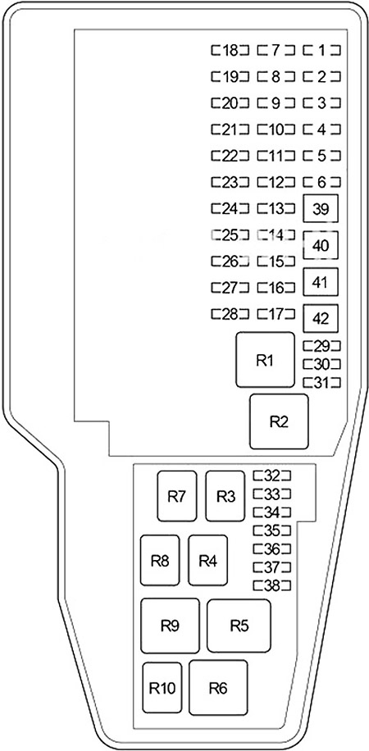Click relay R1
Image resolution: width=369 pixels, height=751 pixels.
(x=265, y=360)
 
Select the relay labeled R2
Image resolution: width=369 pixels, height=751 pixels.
(x=279, y=421)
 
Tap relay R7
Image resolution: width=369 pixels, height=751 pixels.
(x=177, y=496)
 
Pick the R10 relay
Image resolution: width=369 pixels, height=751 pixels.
(x=162, y=688)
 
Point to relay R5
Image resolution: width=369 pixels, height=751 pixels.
(x=239, y=626)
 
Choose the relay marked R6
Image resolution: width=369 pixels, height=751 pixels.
(x=218, y=688)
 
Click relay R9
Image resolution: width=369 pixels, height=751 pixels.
(x=170, y=626)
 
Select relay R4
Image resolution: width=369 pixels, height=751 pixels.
(x=207, y=560)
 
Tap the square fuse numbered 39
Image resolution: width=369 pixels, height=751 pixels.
(x=321, y=209)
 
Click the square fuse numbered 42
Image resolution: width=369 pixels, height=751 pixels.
(x=321, y=318)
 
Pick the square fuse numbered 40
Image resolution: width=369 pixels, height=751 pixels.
(x=321, y=245)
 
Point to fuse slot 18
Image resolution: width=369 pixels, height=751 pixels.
(x=230, y=50)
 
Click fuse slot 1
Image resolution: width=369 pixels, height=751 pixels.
(x=321, y=50)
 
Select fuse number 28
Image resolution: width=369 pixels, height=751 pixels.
(x=230, y=314)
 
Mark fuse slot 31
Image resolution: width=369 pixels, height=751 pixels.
(x=321, y=382)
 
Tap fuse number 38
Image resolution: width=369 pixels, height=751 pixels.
(x=272, y=585)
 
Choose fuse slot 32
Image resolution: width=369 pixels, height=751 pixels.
(x=272, y=476)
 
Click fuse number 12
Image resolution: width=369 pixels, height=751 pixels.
(x=276, y=182)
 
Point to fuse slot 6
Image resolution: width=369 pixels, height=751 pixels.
(x=321, y=182)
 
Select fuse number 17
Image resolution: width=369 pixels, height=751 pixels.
(x=276, y=314)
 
